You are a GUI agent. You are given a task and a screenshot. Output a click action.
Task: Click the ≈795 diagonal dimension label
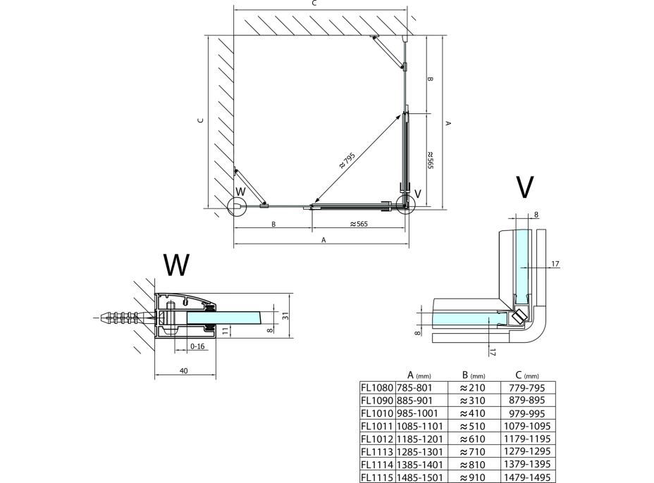pos(347,161)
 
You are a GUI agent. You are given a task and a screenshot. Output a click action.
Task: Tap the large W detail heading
pos(176,264)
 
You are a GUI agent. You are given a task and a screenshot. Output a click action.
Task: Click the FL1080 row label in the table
pos(376,387)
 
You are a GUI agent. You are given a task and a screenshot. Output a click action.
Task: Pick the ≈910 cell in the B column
pos(473,477)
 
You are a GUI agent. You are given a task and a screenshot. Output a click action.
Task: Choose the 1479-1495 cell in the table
pos(527,477)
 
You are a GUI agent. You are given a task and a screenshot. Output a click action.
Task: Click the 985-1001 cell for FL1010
pos(417,413)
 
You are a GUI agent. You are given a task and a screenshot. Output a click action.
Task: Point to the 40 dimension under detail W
pos(184,371)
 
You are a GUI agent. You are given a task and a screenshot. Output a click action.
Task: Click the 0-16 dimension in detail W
pos(198,346)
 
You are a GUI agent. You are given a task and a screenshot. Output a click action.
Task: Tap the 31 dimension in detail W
pos(285,316)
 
